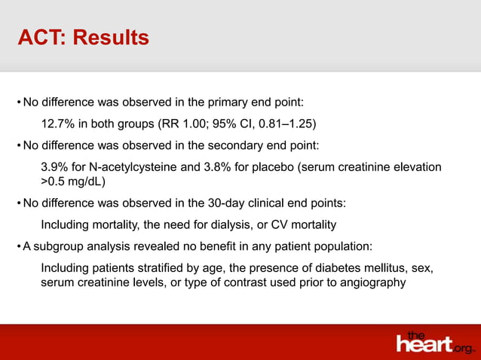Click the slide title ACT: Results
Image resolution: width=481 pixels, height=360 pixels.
click(83, 37)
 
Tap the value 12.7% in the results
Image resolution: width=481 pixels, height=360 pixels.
click(57, 123)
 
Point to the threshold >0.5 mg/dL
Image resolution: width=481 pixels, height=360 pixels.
click(72, 182)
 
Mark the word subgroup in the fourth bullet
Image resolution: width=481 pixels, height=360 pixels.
click(59, 246)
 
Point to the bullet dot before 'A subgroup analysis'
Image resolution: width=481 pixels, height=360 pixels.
click(18, 246)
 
